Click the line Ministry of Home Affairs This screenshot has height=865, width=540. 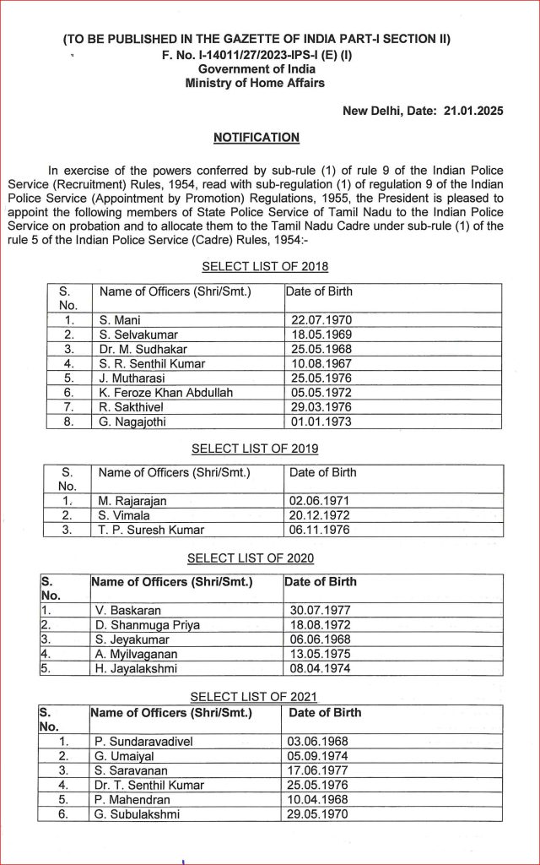click(x=256, y=83)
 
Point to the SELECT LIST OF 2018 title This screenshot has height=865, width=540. click(x=265, y=267)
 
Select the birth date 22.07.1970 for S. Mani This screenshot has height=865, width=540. click(x=321, y=320)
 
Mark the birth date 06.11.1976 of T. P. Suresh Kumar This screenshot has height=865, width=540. click(x=320, y=530)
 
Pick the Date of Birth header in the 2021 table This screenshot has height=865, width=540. click(x=325, y=712)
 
